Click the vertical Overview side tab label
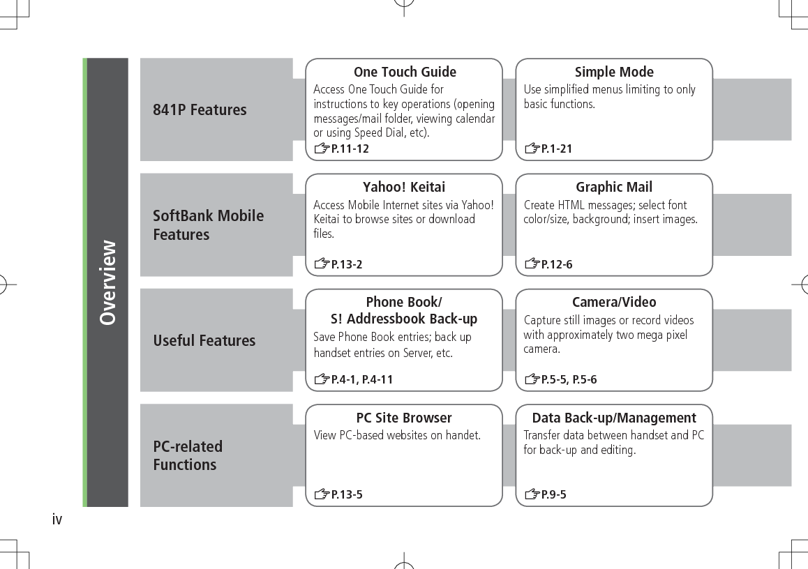click(107, 282)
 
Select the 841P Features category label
click(200, 109)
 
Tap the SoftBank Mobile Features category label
click(208, 225)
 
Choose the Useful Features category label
click(204, 340)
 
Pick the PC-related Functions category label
click(188, 455)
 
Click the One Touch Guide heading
click(405, 72)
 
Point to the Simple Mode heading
click(614, 72)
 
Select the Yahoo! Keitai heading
click(404, 187)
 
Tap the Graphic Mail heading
click(614, 187)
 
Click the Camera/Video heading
click(614, 302)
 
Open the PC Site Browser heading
click(404, 418)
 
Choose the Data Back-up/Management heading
click(614, 418)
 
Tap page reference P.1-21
click(557, 149)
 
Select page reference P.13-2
click(347, 264)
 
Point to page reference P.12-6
click(557, 264)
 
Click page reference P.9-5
click(554, 494)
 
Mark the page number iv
click(57, 519)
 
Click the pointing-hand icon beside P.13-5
click(321, 495)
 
